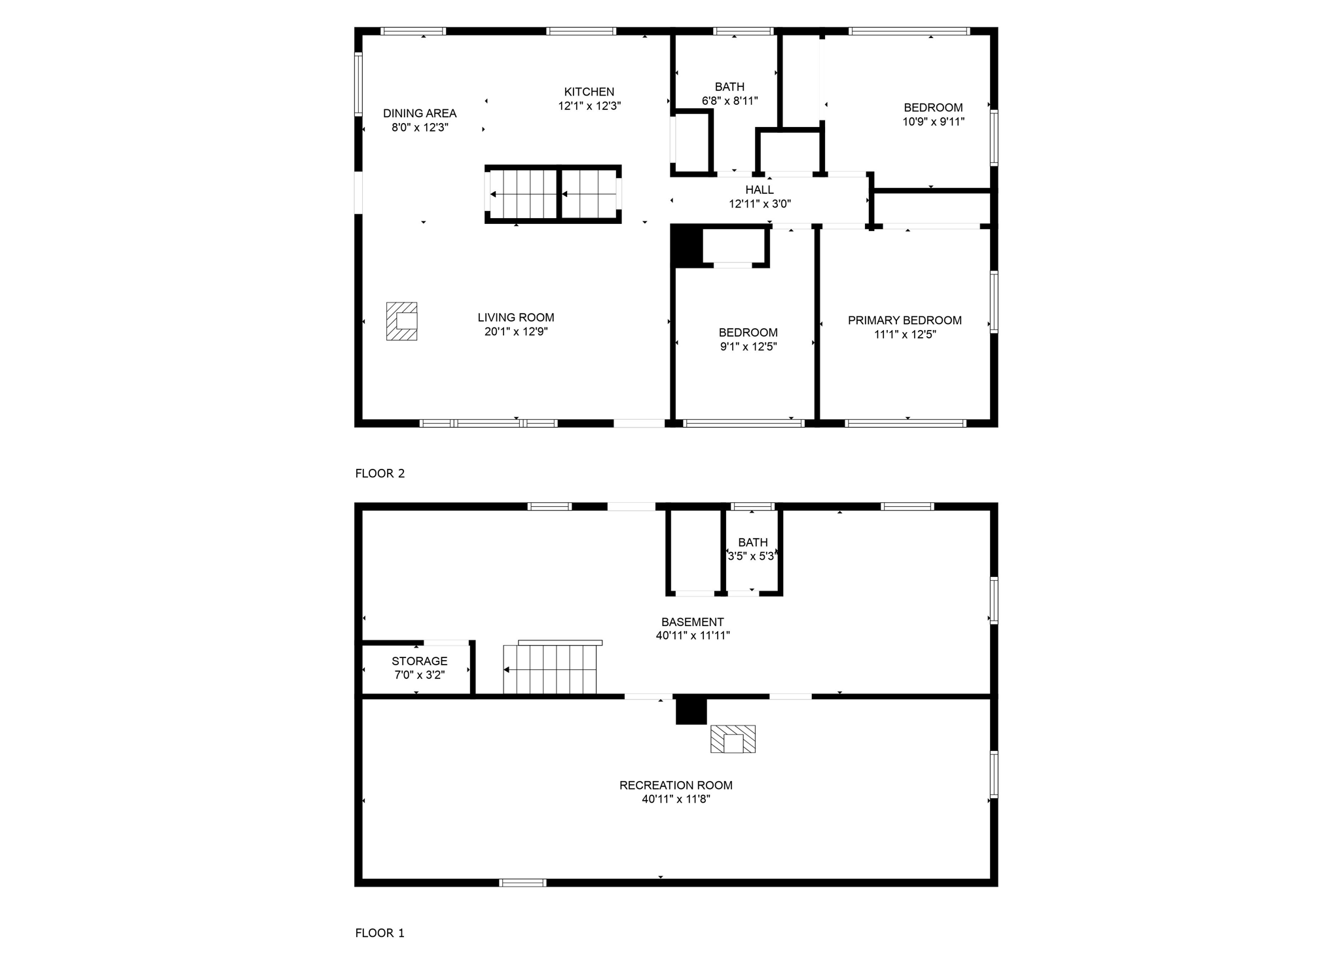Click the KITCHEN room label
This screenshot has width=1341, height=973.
(x=589, y=92)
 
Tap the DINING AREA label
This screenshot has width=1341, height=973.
(x=420, y=113)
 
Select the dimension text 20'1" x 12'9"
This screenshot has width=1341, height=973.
(x=516, y=331)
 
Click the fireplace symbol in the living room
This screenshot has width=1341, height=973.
(x=402, y=321)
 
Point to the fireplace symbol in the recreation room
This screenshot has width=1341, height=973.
(x=733, y=739)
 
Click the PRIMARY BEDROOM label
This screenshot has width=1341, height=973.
(x=904, y=320)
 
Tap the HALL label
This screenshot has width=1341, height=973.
(x=760, y=190)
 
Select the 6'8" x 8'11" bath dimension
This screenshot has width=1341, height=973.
(x=729, y=101)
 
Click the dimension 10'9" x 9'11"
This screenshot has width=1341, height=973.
(x=933, y=121)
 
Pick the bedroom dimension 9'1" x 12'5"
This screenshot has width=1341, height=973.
(x=748, y=346)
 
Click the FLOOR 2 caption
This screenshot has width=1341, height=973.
(x=380, y=473)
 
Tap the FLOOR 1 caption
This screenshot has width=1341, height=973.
(x=380, y=933)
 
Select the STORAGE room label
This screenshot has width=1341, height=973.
(x=420, y=661)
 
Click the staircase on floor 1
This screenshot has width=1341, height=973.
(x=551, y=669)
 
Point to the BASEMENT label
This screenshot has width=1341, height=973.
(x=692, y=622)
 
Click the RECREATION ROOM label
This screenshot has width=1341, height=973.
(x=676, y=785)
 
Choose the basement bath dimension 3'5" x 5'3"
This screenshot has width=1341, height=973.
(x=752, y=556)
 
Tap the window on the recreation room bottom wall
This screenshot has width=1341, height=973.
(x=523, y=883)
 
